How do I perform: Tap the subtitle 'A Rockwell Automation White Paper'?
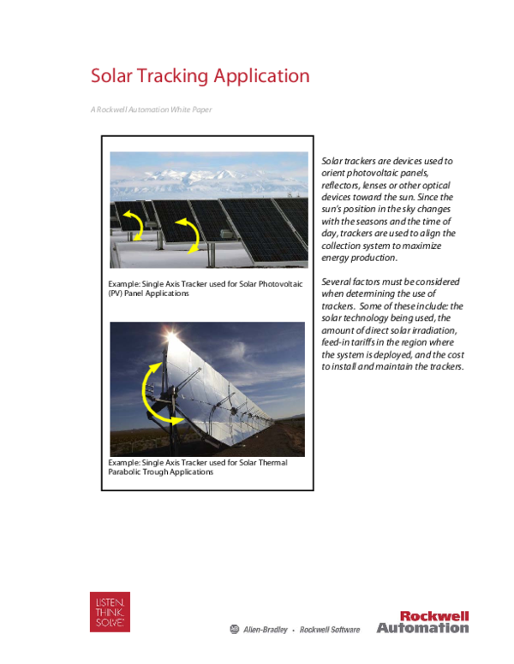click(x=151, y=110)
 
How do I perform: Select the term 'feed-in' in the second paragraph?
click(x=337, y=341)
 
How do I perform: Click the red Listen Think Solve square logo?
click(x=111, y=611)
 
